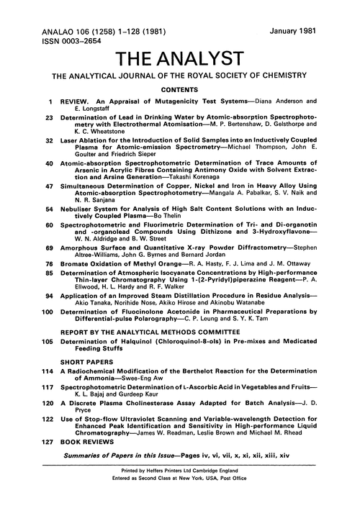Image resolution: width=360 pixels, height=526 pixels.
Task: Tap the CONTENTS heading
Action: [x=180, y=92]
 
